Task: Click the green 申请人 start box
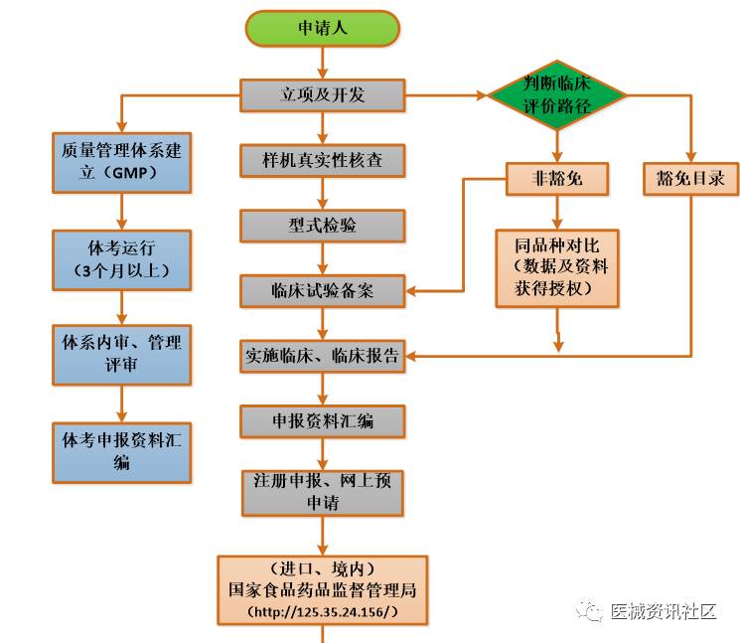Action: (x=323, y=28)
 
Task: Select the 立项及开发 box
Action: (x=323, y=95)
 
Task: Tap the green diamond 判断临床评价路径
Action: (x=556, y=95)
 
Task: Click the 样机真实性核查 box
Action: (x=323, y=160)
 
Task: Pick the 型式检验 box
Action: (x=323, y=226)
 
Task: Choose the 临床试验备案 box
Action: (x=323, y=291)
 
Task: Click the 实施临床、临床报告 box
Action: (x=323, y=356)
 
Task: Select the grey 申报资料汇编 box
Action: (x=323, y=421)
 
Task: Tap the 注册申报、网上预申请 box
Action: (x=323, y=492)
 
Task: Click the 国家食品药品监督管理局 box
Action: (x=323, y=589)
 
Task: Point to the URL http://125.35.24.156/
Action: (x=323, y=610)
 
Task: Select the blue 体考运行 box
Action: (x=122, y=257)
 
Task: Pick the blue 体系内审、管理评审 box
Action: (x=122, y=354)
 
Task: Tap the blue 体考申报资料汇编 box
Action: (x=122, y=451)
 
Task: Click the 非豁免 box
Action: (x=556, y=179)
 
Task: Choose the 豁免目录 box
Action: (x=691, y=179)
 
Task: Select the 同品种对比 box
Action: (x=558, y=265)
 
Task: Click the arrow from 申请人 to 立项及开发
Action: (x=323, y=63)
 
